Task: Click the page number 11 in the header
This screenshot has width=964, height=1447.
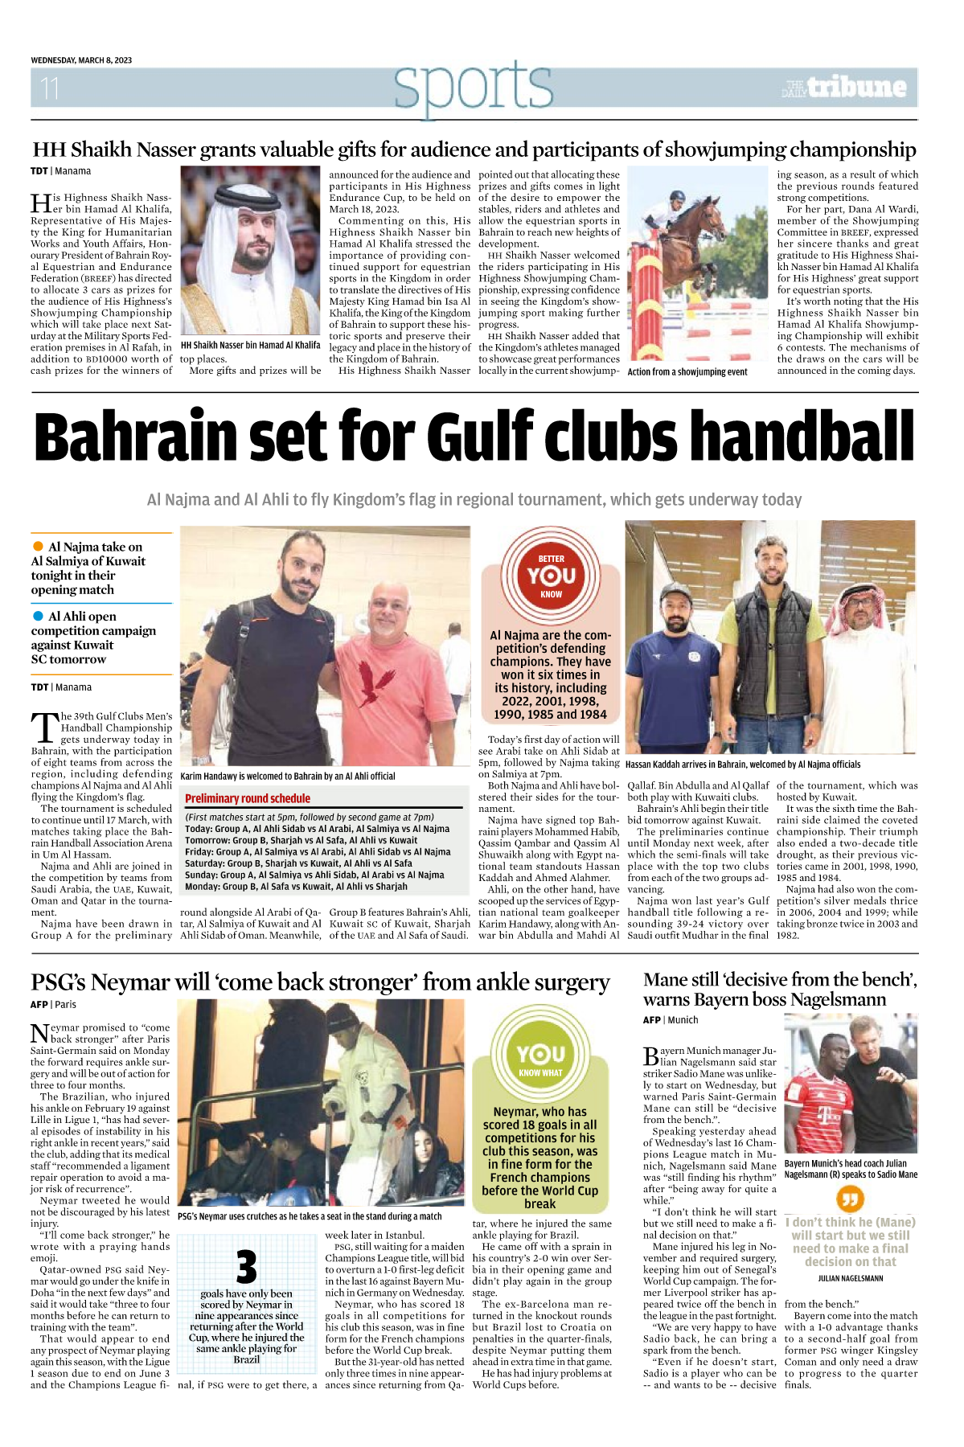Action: coord(50,88)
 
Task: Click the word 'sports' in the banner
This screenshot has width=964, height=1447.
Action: coord(473,87)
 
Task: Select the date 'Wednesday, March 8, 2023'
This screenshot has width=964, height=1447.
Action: coord(81,60)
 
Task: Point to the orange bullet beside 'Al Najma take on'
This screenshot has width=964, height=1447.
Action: coord(38,547)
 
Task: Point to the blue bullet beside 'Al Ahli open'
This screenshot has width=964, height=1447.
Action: coord(38,616)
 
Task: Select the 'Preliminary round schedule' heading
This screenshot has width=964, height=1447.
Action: coord(248,798)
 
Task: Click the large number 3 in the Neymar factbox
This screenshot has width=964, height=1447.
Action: coord(246,1267)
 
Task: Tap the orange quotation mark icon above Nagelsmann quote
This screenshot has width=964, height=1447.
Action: coord(850,1200)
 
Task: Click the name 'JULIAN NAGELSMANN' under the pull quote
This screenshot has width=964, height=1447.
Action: coord(850,1278)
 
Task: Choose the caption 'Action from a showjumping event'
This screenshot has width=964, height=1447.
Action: coord(687,372)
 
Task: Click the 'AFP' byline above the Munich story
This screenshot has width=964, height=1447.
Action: coord(651,1020)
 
